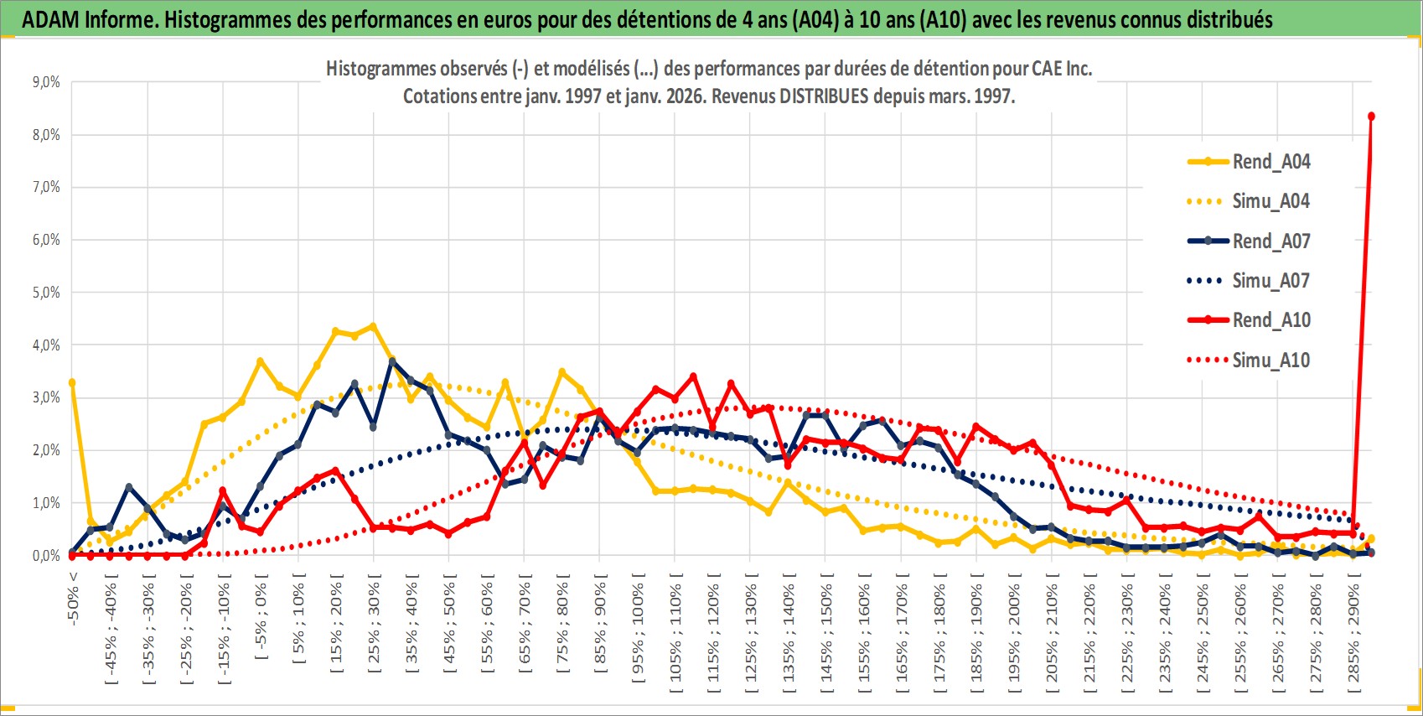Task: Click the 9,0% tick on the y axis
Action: click(x=46, y=82)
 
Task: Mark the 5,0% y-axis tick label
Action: click(x=46, y=293)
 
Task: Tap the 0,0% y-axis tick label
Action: click(x=46, y=556)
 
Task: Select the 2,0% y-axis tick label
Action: click(x=46, y=450)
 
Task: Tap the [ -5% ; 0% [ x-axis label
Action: click(x=261, y=620)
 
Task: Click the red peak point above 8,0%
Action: click(x=1371, y=116)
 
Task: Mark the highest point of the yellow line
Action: click(x=373, y=326)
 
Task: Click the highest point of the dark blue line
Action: click(x=391, y=361)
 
